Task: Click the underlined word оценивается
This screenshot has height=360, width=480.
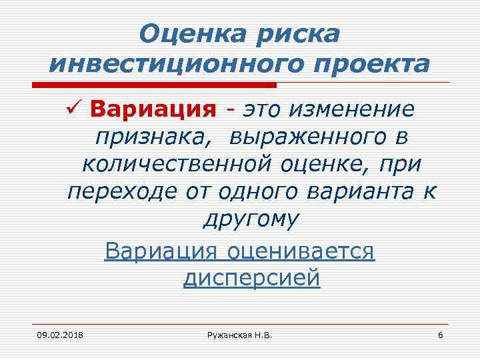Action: (301, 252)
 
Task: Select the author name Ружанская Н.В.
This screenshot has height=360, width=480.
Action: (239, 334)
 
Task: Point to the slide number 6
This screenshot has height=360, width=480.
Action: (440, 334)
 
